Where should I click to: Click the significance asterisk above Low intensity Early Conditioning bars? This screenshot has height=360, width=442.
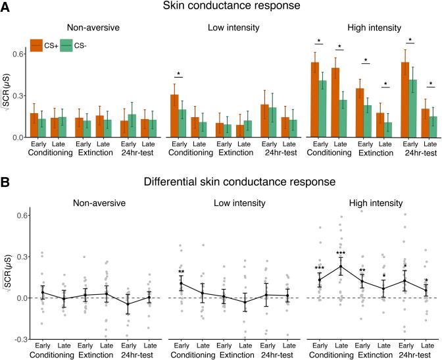179,74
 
